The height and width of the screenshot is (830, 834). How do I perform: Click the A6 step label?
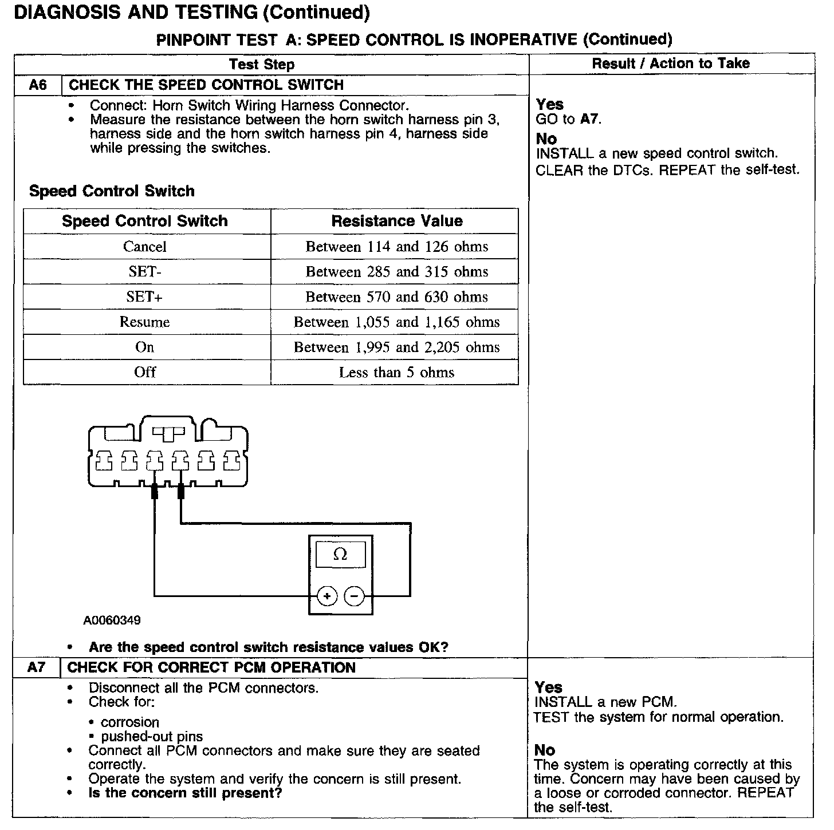[37, 85]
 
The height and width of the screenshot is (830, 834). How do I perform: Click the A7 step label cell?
[36, 667]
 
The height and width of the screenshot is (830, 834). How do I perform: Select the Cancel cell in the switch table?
[145, 247]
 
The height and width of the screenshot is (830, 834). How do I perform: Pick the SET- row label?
[145, 272]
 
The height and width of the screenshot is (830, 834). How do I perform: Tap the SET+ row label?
[145, 297]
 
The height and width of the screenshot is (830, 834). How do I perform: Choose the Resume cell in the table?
[145, 322]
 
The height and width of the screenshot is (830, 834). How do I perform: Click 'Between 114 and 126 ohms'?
[396, 247]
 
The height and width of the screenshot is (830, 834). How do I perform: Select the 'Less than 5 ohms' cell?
[396, 373]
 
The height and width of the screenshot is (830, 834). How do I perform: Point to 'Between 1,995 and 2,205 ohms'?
[396, 347]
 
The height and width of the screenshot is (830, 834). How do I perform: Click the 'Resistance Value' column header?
[396, 221]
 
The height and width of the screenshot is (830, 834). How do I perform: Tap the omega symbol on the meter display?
[340, 554]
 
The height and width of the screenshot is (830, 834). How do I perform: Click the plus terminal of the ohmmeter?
[327, 596]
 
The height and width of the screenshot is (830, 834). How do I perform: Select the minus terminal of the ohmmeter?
[354, 596]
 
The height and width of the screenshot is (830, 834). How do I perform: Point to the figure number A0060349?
[112, 620]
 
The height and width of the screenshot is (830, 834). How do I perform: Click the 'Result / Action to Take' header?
[671, 64]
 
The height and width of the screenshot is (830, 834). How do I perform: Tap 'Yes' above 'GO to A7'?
[550, 105]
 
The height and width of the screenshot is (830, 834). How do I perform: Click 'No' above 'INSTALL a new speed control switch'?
[546, 139]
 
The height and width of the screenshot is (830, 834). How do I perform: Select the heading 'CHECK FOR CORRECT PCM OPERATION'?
[211, 667]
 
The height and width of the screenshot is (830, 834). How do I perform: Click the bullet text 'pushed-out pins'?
[152, 737]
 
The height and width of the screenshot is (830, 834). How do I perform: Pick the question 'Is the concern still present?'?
[185, 793]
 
